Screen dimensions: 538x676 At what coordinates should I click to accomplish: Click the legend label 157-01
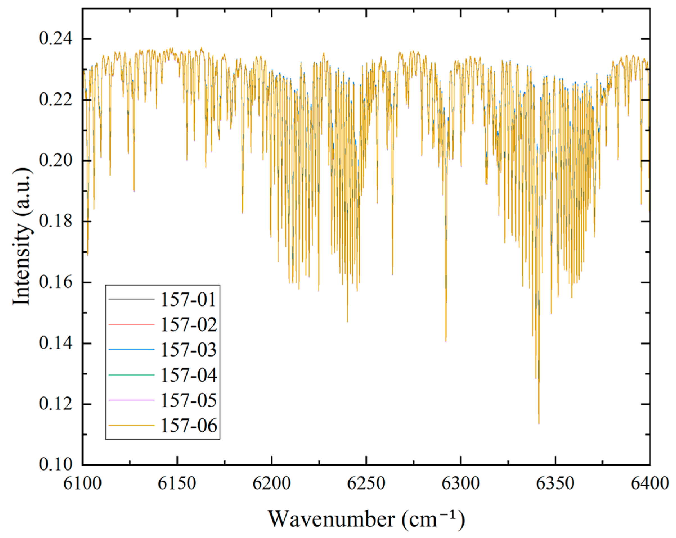[x=188, y=299]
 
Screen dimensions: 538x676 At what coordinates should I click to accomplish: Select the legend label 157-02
[x=188, y=324]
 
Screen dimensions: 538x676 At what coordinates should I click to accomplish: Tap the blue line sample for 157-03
[x=132, y=350]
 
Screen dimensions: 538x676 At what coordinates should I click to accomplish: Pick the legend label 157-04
[x=188, y=375]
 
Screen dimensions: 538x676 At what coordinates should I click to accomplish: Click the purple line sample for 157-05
[x=132, y=400]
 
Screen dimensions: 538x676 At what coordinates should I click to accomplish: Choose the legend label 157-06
[x=188, y=426]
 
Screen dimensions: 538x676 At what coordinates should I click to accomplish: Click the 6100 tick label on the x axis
[x=82, y=483]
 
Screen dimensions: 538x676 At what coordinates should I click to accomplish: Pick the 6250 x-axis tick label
[x=366, y=483]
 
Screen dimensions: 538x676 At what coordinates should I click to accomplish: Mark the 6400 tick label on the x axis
[x=650, y=483]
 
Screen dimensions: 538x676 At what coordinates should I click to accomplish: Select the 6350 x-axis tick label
[x=555, y=483]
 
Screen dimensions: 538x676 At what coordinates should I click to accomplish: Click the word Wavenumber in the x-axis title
[x=331, y=519]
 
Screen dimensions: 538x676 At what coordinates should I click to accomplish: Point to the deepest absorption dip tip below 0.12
[x=539, y=423]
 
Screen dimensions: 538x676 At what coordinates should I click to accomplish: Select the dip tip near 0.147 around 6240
[x=347, y=321]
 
